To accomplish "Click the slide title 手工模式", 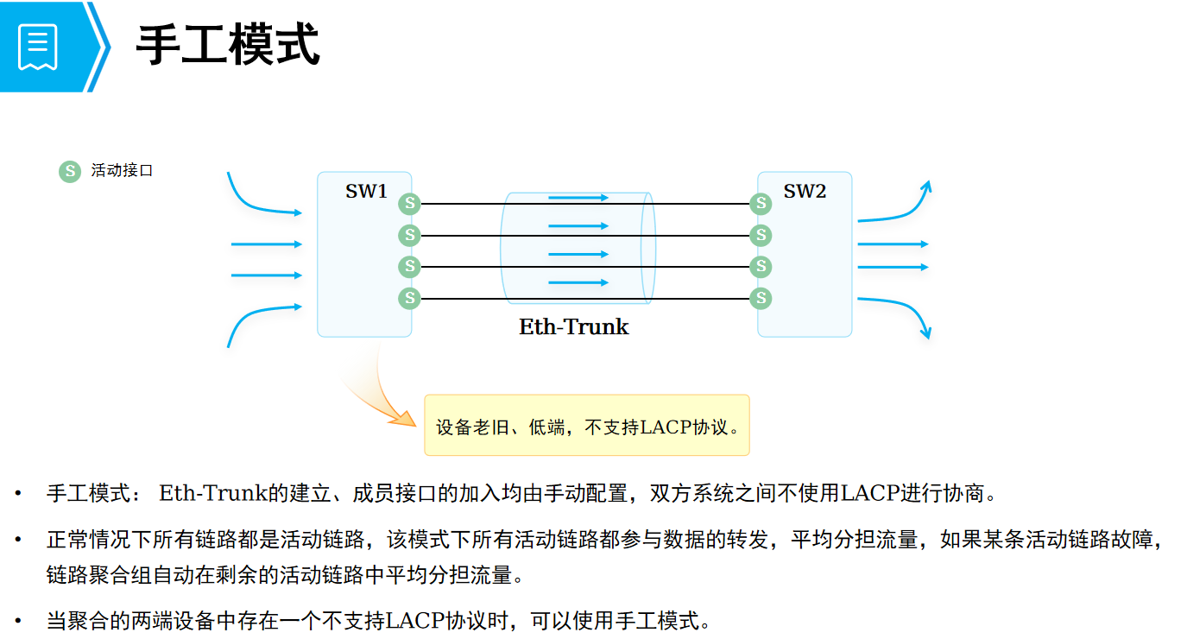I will click(x=228, y=45).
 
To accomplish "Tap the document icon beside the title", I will click(x=38, y=46).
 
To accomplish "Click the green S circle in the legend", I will click(x=69, y=171).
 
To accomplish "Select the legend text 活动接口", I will click(x=122, y=171).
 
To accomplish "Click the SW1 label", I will click(x=367, y=192).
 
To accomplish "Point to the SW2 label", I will click(x=805, y=192).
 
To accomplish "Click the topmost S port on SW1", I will click(x=409, y=204).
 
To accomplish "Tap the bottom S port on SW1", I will click(x=409, y=299).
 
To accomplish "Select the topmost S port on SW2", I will click(x=761, y=204).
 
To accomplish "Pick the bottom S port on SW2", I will click(x=761, y=299).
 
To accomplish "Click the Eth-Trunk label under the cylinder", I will click(x=574, y=327).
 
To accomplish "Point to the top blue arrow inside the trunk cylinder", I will click(x=578, y=198).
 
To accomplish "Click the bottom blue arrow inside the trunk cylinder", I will click(x=578, y=282).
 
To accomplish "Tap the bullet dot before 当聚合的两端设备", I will click(x=17, y=620).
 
